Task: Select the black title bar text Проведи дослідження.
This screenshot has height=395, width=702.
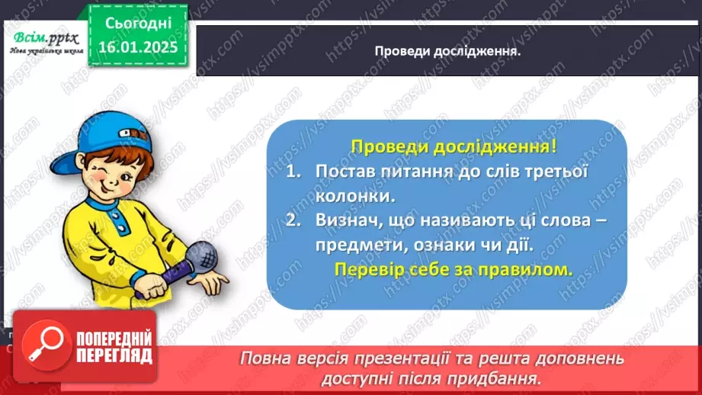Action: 447,51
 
